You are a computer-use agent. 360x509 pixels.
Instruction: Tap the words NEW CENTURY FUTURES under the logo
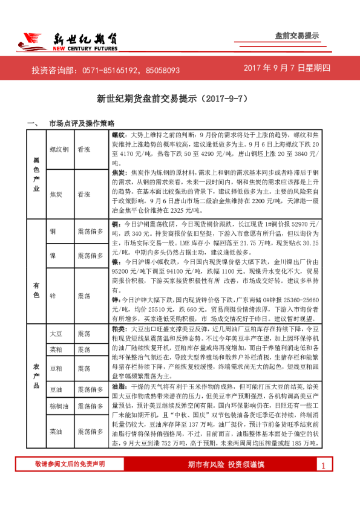click(x=85, y=49)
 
